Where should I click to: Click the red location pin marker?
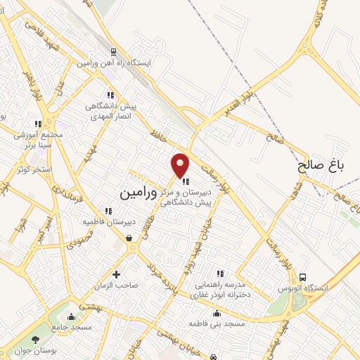pos(181,165)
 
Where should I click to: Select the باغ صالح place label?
pos(321,166)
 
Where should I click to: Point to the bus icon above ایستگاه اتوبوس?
pos(303,276)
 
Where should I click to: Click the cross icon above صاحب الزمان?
pos(116,274)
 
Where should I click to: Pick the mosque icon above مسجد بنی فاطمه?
pos(217,314)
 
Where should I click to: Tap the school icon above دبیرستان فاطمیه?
pos(108,210)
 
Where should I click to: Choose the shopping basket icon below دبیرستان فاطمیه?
pos(129,238)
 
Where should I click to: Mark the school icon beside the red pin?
pos(186,181)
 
